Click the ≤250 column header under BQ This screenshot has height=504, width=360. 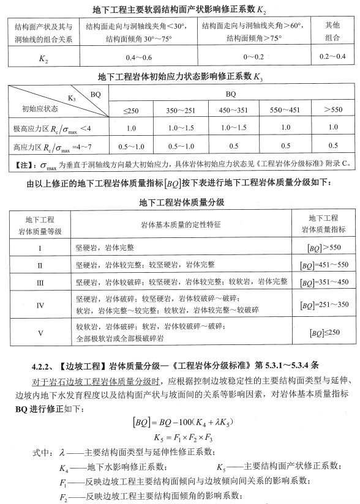coord(130,109)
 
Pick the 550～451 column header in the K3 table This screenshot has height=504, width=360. coord(282,109)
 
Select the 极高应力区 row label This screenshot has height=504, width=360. coord(51,128)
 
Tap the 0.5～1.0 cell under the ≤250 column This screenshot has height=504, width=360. coord(130,146)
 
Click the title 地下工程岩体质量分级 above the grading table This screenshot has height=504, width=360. coord(179,202)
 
